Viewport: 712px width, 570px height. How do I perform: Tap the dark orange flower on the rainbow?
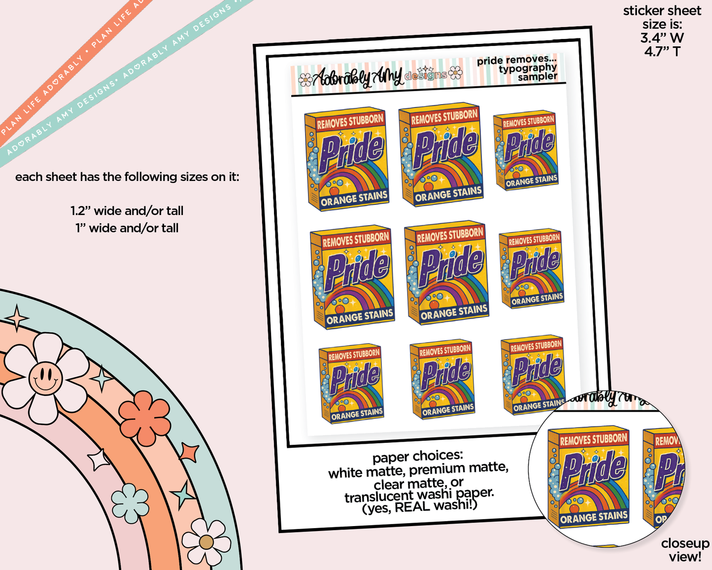click(144, 418)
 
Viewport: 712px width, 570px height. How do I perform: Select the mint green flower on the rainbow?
click(130, 503)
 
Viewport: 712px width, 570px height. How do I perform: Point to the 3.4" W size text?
click(662, 38)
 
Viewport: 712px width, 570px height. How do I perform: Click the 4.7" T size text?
click(662, 52)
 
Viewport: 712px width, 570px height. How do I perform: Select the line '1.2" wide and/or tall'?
click(127, 211)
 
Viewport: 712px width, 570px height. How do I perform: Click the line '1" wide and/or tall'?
click(127, 228)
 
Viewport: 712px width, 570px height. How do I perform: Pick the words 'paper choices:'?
click(417, 457)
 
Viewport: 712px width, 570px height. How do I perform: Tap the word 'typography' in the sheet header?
click(528, 69)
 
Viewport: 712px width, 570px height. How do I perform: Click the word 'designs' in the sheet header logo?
click(426, 75)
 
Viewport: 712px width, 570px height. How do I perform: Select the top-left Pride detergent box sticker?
click(346, 159)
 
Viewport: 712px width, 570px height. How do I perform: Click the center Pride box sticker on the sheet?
click(446, 273)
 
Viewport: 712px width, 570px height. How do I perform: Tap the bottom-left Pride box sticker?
click(351, 384)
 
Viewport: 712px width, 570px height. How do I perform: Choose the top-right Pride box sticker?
click(525, 150)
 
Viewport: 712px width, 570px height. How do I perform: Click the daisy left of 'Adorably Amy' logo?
click(305, 79)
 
